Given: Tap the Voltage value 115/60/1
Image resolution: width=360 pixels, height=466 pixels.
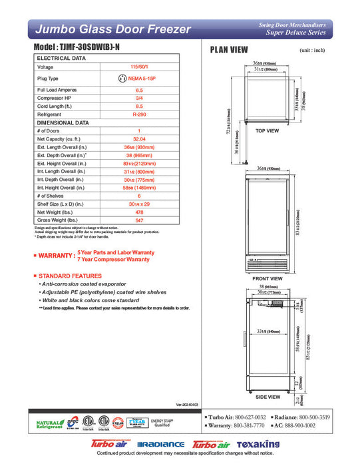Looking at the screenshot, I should pos(139,67).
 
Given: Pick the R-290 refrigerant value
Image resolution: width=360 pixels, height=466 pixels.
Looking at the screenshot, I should pos(139,114).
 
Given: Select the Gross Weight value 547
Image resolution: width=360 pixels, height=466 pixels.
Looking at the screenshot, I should pos(139,219).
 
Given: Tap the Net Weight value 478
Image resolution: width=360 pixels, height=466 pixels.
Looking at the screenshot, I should pos(139,210).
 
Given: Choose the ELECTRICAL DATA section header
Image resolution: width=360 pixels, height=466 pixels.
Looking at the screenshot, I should pos(61,59).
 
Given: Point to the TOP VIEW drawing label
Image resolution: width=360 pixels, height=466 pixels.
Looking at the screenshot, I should pos(267,131).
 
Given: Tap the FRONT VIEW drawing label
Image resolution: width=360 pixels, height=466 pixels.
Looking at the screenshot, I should pos(268,279).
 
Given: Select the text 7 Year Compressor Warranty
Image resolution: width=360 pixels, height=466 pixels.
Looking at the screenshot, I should pos(114,259).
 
